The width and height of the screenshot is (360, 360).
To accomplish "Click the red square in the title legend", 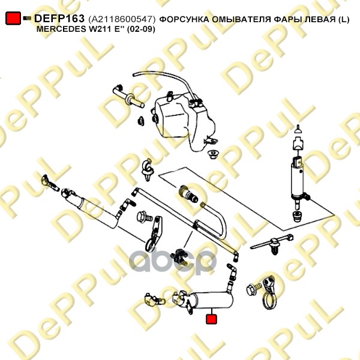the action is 13,18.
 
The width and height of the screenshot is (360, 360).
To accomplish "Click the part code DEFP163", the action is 59,19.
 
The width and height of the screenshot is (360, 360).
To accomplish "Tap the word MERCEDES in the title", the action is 61,29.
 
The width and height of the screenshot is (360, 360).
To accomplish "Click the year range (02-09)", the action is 141,29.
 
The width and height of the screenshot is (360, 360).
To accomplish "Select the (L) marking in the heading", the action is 344,20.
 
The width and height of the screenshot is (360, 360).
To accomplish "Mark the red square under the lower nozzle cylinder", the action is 211,319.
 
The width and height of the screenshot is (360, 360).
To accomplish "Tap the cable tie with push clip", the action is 272,244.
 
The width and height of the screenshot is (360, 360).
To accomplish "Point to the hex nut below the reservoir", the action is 213,155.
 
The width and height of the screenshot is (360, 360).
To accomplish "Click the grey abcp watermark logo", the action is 173,262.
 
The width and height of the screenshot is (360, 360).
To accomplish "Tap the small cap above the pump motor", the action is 298,130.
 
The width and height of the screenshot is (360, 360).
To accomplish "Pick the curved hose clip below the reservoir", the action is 148,169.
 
